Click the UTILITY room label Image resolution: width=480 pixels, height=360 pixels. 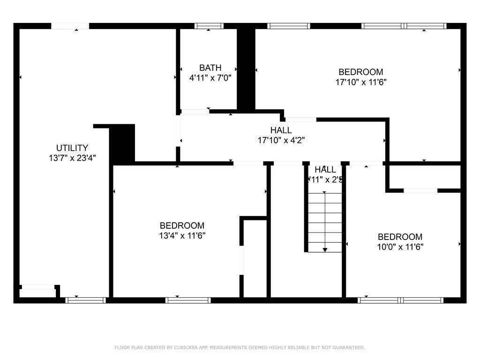tap(72, 148)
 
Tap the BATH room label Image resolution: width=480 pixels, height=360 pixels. tap(210, 68)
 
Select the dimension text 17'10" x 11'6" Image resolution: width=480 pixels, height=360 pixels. tap(360, 82)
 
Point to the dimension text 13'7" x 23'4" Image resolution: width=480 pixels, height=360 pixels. tap(72, 158)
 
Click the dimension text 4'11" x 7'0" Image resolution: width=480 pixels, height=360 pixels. tap(210, 78)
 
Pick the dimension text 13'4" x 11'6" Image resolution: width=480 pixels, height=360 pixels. tap(182, 235)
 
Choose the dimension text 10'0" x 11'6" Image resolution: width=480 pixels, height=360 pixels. tap(400, 247)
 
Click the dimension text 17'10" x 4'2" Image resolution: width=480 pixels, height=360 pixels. tap(281, 140)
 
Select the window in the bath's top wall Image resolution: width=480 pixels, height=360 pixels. tap(209, 26)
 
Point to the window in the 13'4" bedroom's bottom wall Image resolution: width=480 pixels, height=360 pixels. tap(188, 300)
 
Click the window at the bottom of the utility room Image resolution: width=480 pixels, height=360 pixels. tap(85, 300)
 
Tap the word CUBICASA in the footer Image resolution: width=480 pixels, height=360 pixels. tap(186, 348)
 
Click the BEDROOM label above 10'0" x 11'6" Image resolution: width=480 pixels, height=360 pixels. tap(400, 237)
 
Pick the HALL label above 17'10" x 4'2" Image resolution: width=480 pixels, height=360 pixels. tap(281, 130)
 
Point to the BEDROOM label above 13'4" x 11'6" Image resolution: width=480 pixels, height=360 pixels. tap(182, 225)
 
